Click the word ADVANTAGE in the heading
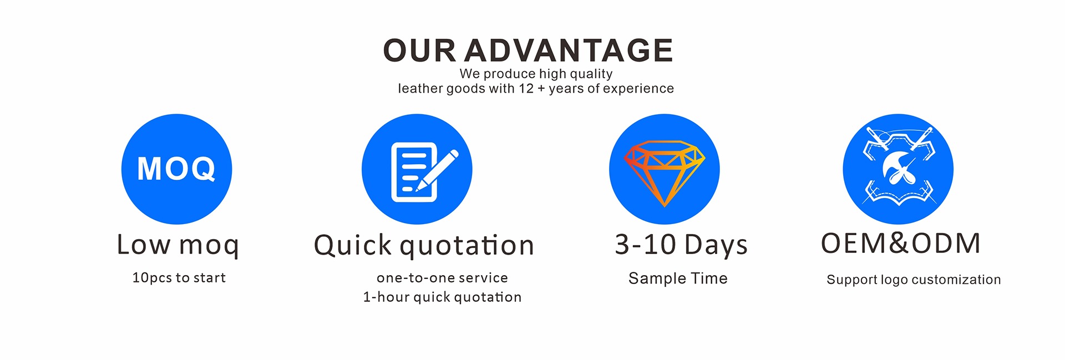coord(569,50)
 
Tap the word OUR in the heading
coord(419,50)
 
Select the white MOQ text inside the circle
coord(176,169)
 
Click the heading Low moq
coord(178,245)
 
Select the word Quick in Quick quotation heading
coord(353,245)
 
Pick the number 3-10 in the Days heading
coord(646,245)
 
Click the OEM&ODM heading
coord(901,243)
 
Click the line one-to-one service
coord(442,278)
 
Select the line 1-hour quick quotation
coord(442,297)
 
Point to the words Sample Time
coord(678,278)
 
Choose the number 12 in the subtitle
coord(526,89)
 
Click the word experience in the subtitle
coord(638,89)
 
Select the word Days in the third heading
coord(716,246)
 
